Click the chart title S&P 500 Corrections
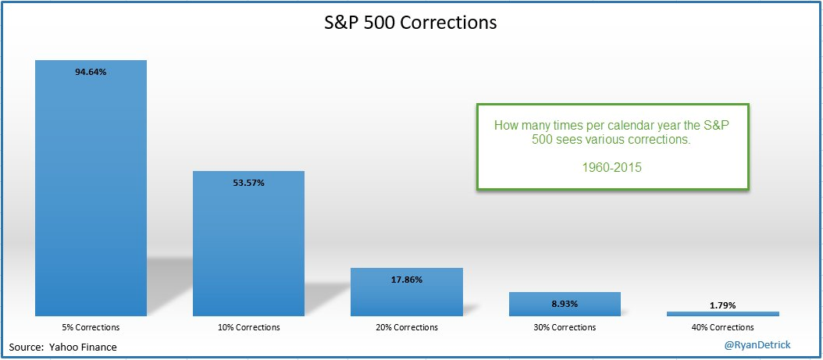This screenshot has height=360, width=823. click(x=411, y=22)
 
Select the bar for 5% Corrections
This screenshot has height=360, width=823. click(x=91, y=195)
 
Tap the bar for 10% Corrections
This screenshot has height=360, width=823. click(x=248, y=250)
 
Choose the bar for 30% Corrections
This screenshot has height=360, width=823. click(x=565, y=305)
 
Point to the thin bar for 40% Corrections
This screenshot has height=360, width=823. click(x=722, y=314)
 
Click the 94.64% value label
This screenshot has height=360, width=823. click(x=91, y=73)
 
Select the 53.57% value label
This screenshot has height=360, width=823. click(x=248, y=183)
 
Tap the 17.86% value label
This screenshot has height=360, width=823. click(x=407, y=280)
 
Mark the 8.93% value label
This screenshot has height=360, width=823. click(x=565, y=302)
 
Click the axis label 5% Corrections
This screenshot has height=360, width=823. click(x=91, y=327)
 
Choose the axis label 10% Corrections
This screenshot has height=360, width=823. click(x=248, y=327)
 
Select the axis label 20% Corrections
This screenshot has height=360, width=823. click(x=407, y=327)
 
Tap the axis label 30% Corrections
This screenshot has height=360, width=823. click(x=565, y=327)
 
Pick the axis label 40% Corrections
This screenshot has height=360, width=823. click(x=722, y=327)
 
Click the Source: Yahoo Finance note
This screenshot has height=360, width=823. click(x=63, y=347)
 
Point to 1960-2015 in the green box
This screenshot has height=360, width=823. click(x=613, y=166)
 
